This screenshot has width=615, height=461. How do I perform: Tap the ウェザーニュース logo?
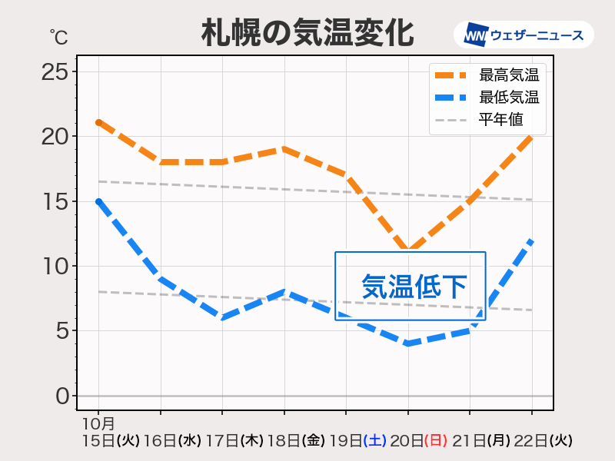pos(523,35)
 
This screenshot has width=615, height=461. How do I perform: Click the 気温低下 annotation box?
pos(411,286)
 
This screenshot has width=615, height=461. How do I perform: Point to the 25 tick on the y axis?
pos(55,72)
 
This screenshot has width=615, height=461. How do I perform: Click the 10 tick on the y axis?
pos(55,267)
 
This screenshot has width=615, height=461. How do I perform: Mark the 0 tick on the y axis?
pos(61,396)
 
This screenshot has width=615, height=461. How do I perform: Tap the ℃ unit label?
pos(58,36)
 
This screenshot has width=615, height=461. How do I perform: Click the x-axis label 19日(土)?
pos(357,441)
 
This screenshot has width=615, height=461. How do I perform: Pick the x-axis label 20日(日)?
pos(419,441)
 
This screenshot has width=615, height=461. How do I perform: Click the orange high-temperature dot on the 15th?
pos(99,123)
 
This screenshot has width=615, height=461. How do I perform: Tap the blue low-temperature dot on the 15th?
pos(99,201)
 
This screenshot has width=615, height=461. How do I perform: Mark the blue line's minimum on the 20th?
pos(408,343)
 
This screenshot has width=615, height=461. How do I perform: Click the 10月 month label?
pos(98,423)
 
